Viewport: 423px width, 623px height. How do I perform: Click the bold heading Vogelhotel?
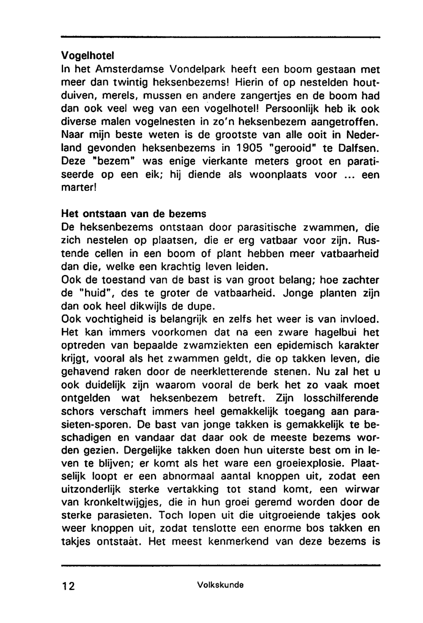coord(88,55)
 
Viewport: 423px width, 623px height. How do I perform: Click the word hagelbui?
coord(333,332)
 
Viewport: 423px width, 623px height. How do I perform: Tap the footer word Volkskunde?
coord(220,585)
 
